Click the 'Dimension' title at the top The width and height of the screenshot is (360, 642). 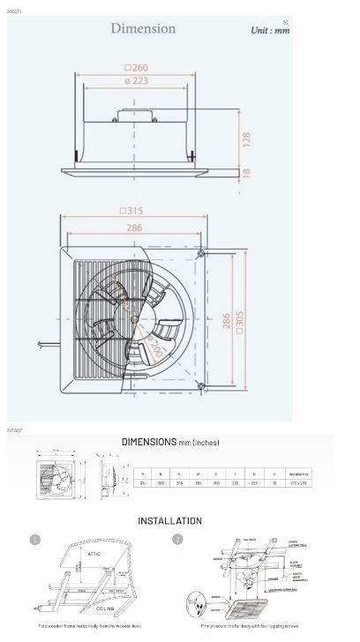tap(143, 28)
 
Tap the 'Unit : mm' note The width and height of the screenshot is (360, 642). tap(269, 30)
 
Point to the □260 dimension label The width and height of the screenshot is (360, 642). tap(135, 66)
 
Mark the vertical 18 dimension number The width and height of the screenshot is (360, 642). tap(247, 174)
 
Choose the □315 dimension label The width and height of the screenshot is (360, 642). tap(131, 211)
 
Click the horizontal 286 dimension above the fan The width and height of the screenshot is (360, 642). tap(133, 227)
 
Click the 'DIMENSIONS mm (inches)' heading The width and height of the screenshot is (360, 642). tap(170, 442)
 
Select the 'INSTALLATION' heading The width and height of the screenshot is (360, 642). tap(169, 520)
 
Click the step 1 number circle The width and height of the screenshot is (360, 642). tap(35, 540)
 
